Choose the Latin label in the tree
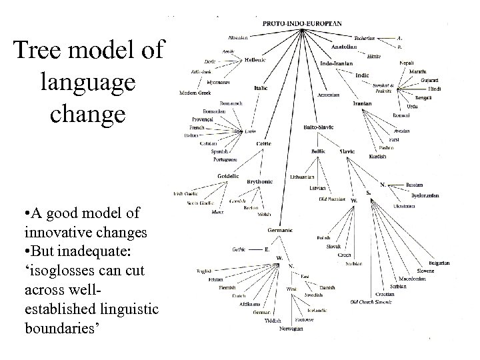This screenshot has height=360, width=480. coord(250,131)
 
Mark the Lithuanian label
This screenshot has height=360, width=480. coord(303,177)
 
